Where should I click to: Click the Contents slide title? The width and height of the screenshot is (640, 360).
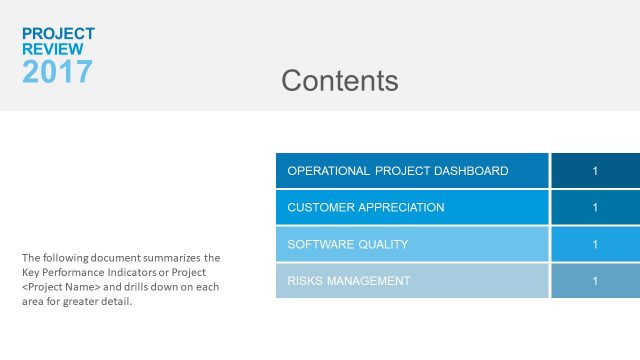click(340, 81)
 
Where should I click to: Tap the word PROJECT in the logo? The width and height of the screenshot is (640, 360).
click(58, 33)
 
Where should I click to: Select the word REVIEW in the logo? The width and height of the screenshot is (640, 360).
click(53, 48)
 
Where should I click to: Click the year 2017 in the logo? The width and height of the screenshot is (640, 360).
click(57, 71)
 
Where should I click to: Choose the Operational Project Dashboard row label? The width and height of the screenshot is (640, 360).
click(397, 171)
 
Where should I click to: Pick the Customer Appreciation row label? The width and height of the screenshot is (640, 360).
click(365, 207)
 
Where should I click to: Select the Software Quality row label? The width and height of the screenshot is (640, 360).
click(347, 244)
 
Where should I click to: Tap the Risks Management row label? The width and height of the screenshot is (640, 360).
click(348, 281)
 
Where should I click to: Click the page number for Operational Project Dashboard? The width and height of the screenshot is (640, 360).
click(595, 171)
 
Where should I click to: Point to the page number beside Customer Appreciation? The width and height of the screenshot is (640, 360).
click(595, 207)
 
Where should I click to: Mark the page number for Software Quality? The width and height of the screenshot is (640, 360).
click(595, 244)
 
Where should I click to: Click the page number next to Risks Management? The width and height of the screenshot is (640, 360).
click(595, 281)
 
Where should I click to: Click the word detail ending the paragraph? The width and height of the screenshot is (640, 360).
click(115, 302)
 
